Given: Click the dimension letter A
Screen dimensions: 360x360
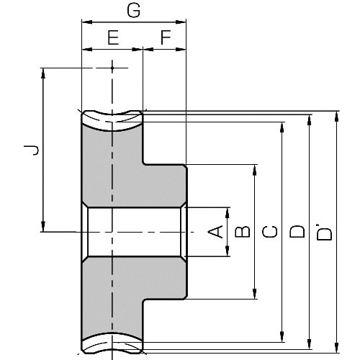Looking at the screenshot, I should [x=215, y=231].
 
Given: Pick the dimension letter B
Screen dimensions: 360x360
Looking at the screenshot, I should [x=243, y=231].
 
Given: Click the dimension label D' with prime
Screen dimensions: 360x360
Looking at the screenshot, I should [x=324, y=231].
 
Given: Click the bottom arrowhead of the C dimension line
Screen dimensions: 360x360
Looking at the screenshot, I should [x=282, y=338].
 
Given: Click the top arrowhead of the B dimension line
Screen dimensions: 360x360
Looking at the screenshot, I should [x=255, y=170].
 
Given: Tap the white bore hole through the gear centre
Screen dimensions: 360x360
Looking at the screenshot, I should [x=133, y=231].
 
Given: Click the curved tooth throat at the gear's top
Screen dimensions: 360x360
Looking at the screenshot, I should [x=112, y=117].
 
